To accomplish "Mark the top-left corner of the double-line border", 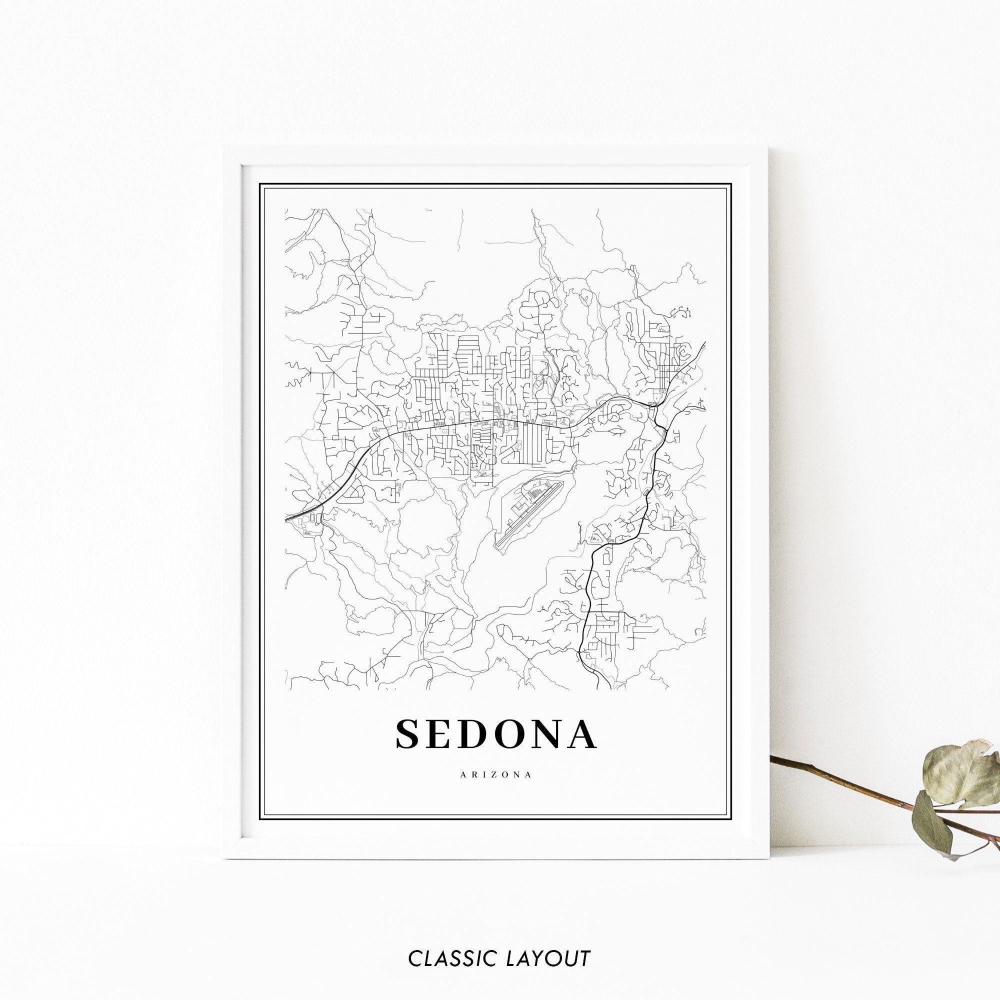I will [260, 183].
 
